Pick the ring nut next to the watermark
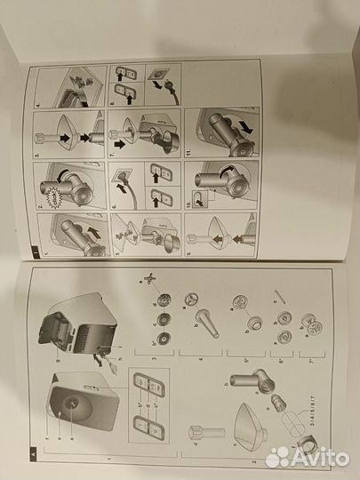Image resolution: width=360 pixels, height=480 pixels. (307, 444)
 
